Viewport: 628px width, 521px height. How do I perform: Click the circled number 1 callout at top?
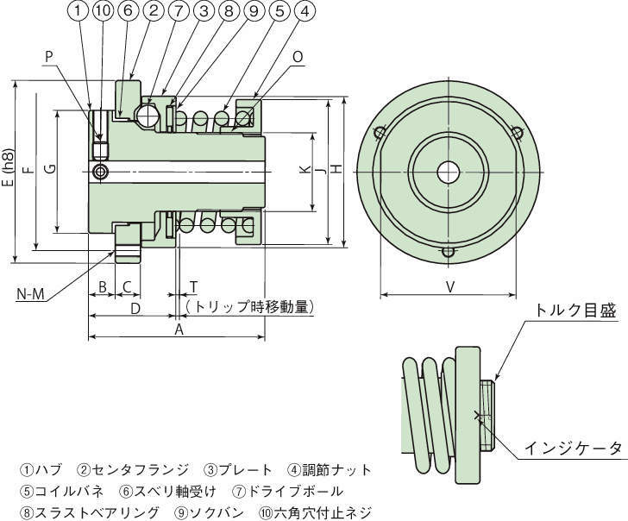coord(78,11)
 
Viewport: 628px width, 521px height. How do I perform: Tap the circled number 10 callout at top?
coord(102,11)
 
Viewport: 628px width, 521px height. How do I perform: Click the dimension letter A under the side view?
coord(179,330)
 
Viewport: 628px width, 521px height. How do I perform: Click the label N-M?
coord(31,295)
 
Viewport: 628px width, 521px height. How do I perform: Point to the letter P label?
coord(48,54)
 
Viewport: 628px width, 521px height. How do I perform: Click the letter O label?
coord(297,56)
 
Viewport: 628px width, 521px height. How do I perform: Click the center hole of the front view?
coord(448,171)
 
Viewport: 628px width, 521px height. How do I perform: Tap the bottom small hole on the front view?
coord(447,251)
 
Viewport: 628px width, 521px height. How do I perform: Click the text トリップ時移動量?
coord(249,306)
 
